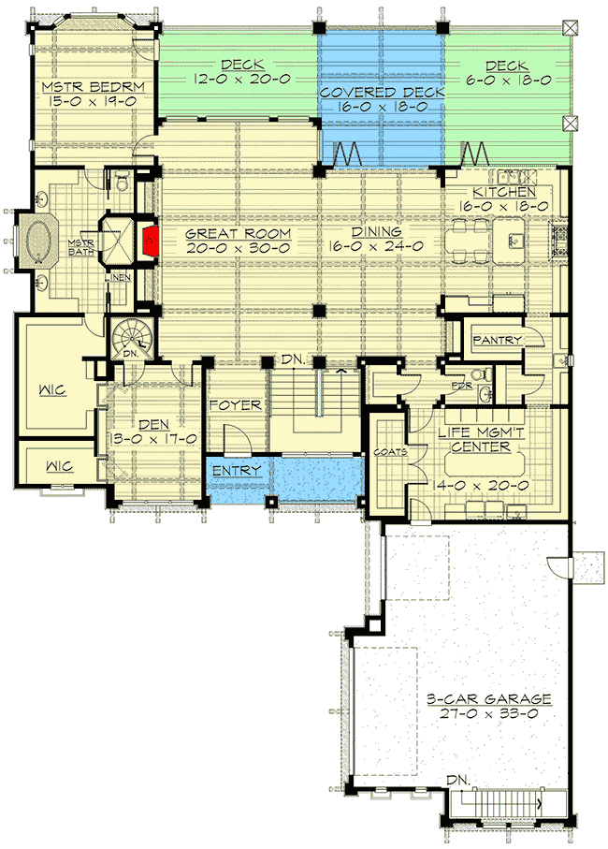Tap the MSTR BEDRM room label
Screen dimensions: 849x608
(x=91, y=89)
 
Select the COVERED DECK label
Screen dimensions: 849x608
(x=381, y=94)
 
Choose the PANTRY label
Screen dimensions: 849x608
(x=496, y=339)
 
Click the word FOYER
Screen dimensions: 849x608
(x=234, y=405)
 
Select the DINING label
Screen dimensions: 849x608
(x=377, y=232)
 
